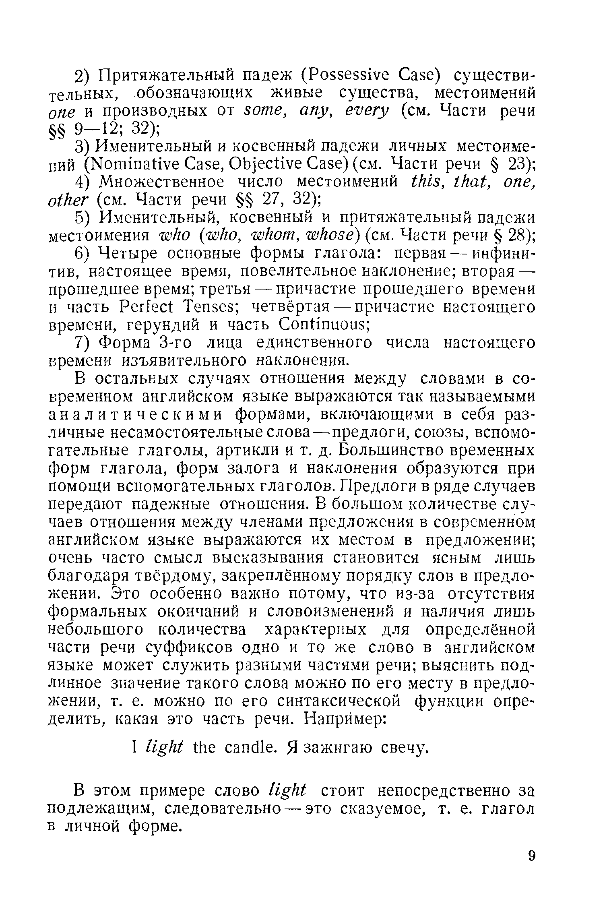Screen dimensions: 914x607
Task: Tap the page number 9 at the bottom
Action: tap(531, 866)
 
